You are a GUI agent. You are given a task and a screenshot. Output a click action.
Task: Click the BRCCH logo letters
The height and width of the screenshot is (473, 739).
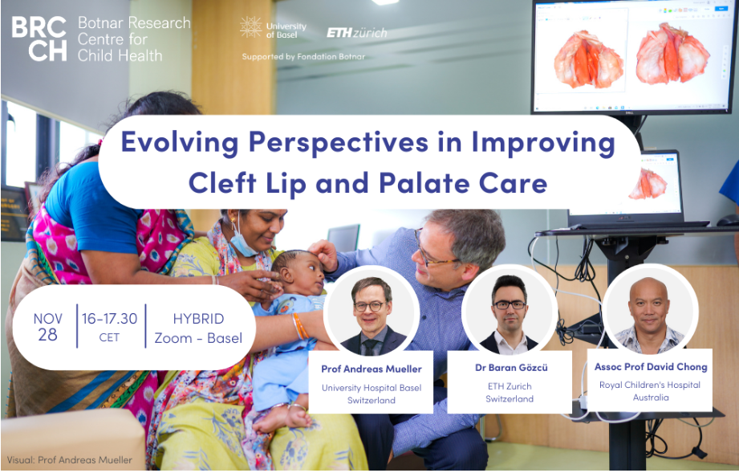[x=39, y=39]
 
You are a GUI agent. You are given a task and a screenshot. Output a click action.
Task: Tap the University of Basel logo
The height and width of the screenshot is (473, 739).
[x=273, y=28]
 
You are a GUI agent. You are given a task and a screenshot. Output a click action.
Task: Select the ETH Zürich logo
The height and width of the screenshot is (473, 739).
[x=357, y=33]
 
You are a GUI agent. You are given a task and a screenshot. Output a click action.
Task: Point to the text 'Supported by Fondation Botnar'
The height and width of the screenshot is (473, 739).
[x=303, y=56]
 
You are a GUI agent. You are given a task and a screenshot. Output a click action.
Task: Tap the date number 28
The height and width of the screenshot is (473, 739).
[x=47, y=334]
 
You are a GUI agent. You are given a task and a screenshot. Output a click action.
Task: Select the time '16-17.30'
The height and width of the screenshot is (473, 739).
[x=109, y=318]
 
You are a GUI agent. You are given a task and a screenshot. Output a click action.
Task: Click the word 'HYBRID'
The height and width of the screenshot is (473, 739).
[x=198, y=319]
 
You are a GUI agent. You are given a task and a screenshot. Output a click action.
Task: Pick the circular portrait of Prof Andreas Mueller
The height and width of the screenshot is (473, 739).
[x=372, y=315]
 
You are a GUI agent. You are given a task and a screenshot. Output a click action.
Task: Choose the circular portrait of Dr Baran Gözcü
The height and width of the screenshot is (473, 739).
[x=510, y=313]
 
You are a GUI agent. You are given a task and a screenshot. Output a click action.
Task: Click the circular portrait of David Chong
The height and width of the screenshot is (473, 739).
[x=650, y=312]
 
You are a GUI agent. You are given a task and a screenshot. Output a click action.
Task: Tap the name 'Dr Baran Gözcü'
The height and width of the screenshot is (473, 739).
[x=511, y=367]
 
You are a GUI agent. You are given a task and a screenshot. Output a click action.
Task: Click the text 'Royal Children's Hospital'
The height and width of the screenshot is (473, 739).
[x=650, y=385]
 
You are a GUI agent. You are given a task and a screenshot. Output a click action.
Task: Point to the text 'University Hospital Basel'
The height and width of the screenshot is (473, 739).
[x=372, y=388]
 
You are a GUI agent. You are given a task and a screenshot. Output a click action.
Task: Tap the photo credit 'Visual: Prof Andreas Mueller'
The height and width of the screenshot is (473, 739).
[x=70, y=460]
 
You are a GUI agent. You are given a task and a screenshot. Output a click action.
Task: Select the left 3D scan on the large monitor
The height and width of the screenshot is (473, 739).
[x=587, y=59]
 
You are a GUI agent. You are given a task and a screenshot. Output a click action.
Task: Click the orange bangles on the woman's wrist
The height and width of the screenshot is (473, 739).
[x=300, y=326]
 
